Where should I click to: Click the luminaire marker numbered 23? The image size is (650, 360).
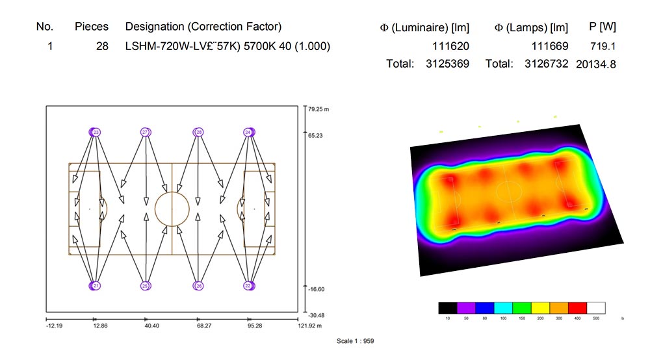96,133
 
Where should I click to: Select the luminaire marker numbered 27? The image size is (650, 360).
146,133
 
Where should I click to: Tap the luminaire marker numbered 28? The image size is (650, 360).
199,133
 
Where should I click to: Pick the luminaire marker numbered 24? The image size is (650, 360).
248,133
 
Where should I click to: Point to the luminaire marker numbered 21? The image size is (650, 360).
96,286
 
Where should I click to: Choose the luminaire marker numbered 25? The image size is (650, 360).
146,286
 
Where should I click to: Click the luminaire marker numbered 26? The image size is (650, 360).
199,286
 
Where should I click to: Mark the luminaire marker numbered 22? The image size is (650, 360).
248,286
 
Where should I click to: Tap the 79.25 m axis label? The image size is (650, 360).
319,110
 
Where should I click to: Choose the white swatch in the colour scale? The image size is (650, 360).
597,308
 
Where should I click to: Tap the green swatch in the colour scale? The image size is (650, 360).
522,308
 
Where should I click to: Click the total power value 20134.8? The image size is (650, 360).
596,64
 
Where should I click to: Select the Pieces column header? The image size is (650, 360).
92,27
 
